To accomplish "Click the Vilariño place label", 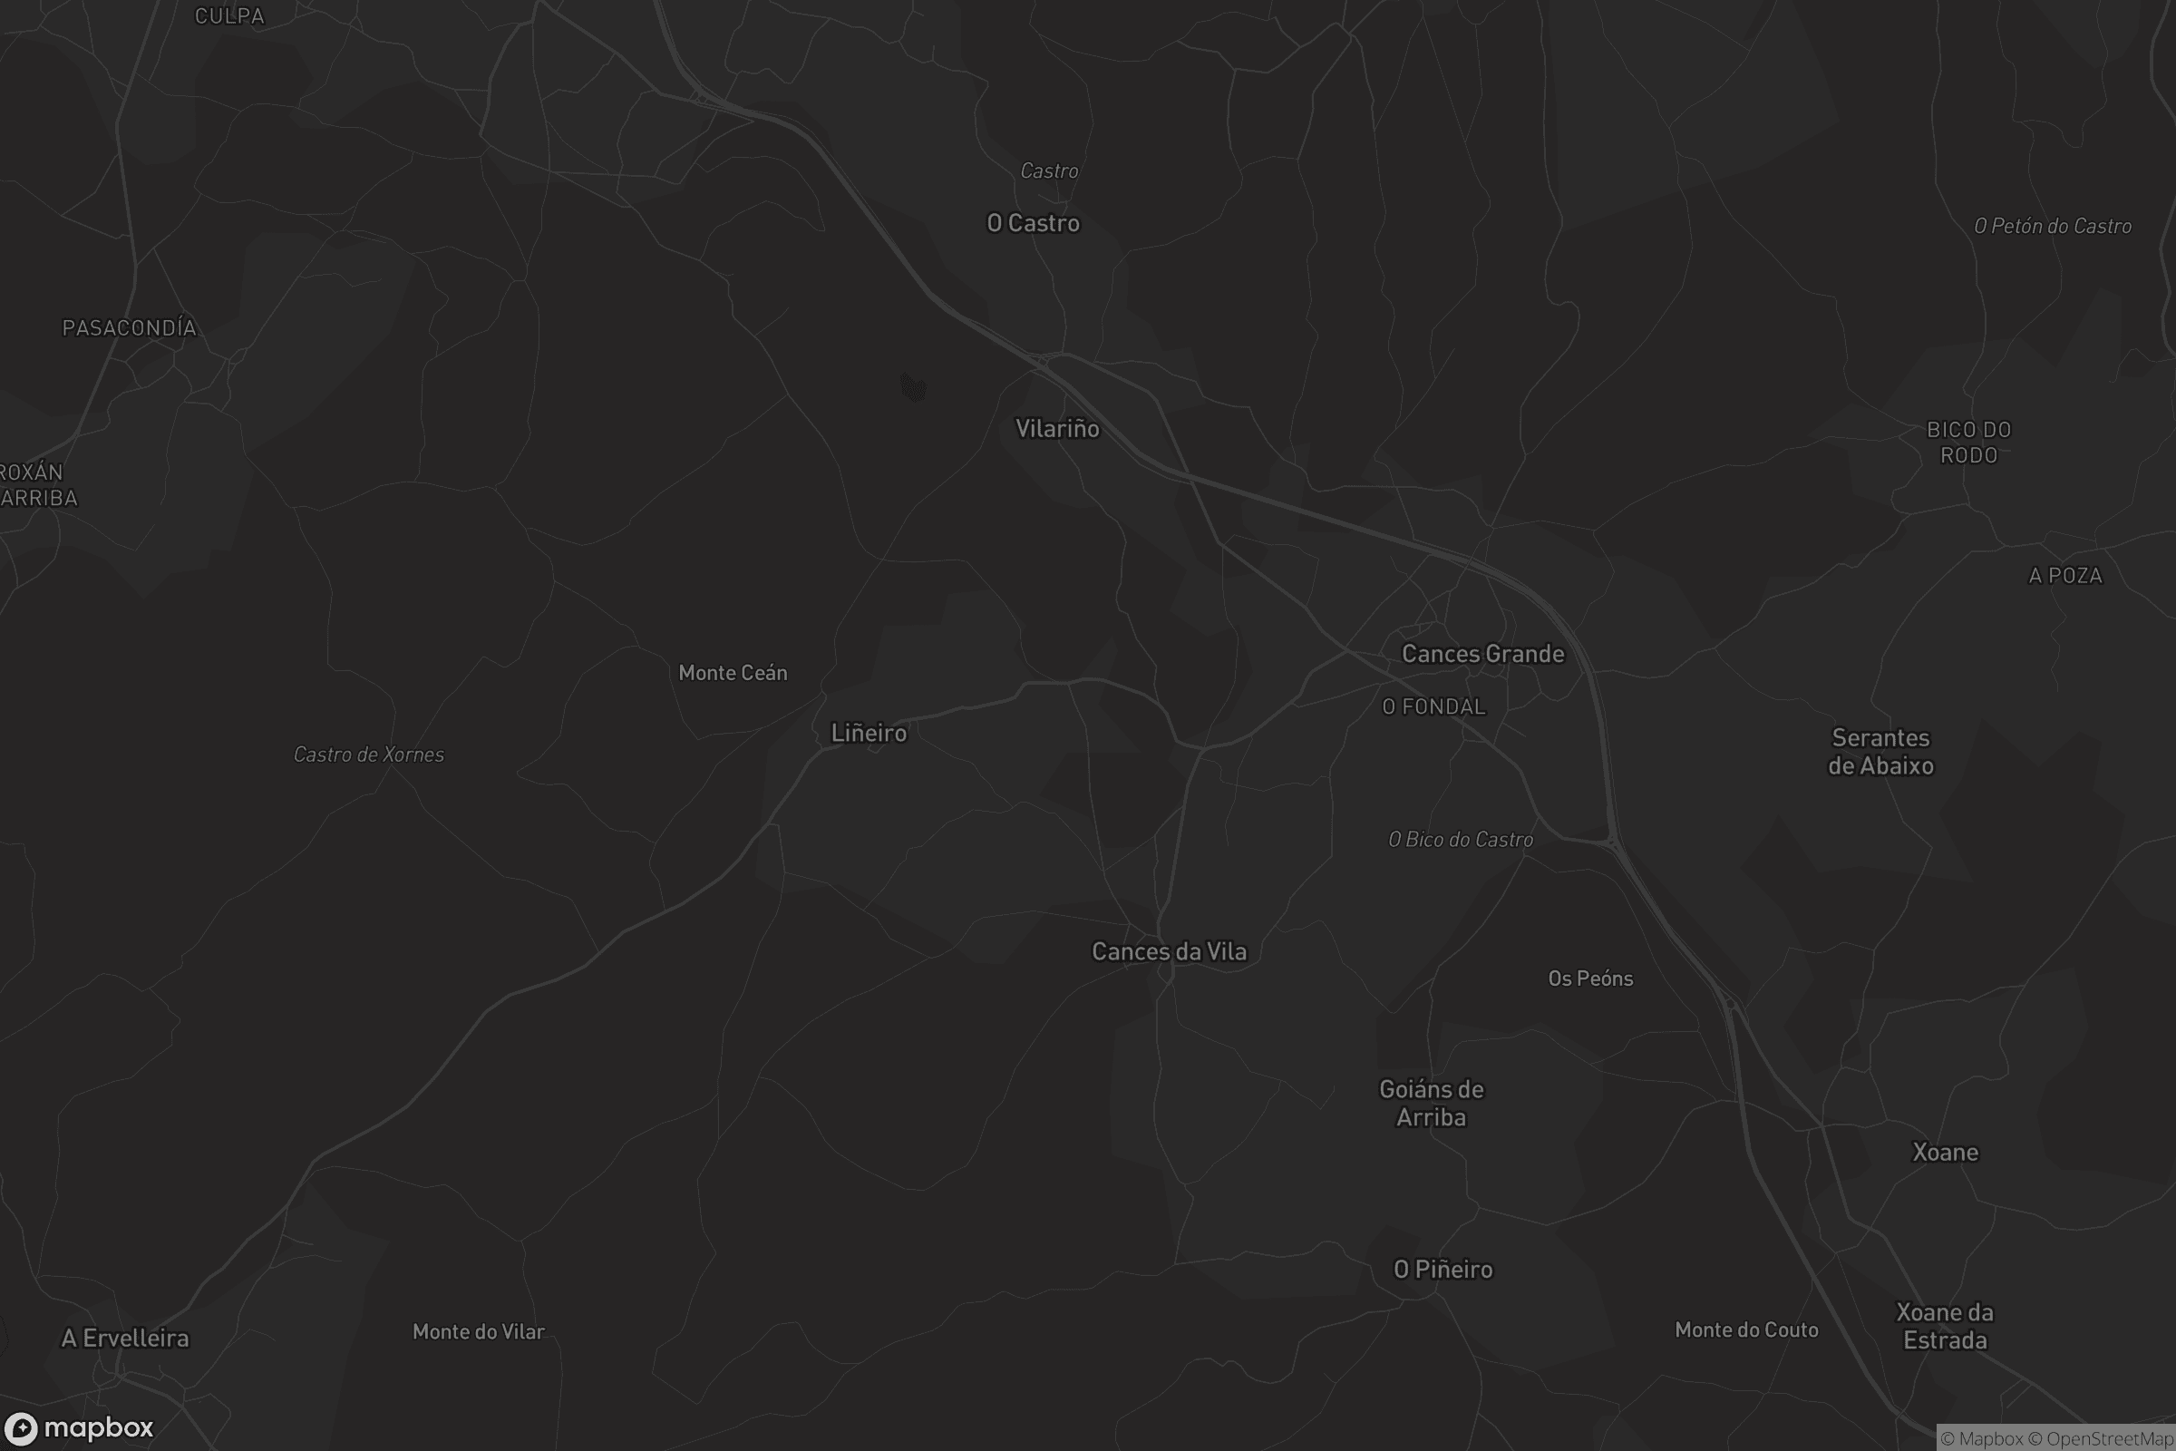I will pos(1057,428).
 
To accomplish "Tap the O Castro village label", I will pos(1034,223).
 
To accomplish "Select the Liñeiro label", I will pos(869,733).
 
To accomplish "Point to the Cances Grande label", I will pos(1483,653).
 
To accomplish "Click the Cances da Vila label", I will pos(1170,951).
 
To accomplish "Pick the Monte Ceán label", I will pos(733,673).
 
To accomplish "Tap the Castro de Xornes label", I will pos(369,755).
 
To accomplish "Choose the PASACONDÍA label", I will pos(130,327).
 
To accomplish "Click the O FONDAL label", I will pos(1434,707).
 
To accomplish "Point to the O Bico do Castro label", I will pos(1461,840).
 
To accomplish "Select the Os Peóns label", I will pos(1590,979).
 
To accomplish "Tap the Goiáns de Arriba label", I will pos(1432,1103).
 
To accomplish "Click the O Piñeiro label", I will pos(1443,1269).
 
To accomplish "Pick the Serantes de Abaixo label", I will pos(1880,752).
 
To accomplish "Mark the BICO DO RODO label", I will pos(1968,443).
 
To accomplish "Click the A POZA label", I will pos(2065,576).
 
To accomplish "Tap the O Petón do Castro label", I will pos(2053,226).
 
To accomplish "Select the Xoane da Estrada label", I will pos(1945,1326).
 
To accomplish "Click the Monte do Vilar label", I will pos(479,1331).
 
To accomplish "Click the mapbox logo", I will pos(80,1427).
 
